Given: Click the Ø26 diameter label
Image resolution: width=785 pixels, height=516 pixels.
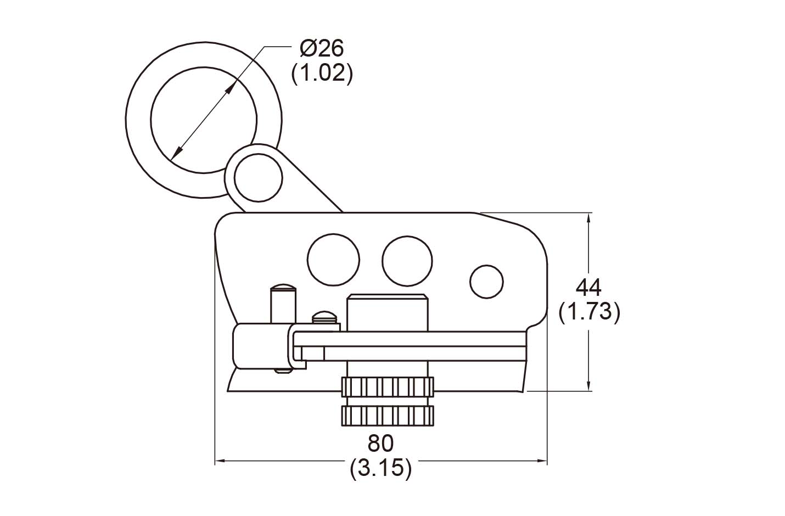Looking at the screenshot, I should click(x=322, y=49).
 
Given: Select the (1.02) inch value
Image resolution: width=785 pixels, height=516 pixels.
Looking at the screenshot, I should click(x=322, y=73).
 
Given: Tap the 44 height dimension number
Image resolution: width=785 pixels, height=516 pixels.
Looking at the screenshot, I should click(x=588, y=287).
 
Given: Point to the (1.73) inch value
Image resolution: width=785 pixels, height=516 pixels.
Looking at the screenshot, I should click(x=589, y=312).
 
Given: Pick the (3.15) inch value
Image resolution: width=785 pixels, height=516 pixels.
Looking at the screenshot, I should click(x=380, y=468).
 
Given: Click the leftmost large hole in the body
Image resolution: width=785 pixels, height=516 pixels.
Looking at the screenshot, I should click(x=333, y=260).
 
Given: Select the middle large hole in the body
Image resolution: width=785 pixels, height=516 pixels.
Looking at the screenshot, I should click(x=407, y=260).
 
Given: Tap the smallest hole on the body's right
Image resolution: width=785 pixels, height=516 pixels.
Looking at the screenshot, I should click(x=486, y=282).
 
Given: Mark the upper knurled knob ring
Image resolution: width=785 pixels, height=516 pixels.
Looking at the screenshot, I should click(x=388, y=388).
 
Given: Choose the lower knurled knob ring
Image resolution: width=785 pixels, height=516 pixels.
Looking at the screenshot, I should click(x=388, y=416).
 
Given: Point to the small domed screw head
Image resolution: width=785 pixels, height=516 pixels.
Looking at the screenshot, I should click(x=323, y=317).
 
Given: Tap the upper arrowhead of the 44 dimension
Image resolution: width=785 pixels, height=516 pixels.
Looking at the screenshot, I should click(x=589, y=218).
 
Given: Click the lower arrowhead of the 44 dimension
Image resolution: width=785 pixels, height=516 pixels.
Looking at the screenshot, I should click(x=589, y=386).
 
